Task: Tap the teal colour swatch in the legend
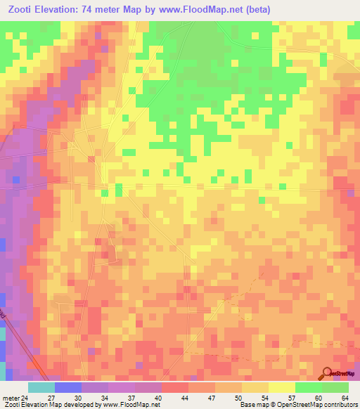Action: tap(41, 387)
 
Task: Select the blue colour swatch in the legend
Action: tap(67, 387)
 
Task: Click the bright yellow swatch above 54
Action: tap(281, 387)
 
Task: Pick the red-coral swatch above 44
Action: tap(174, 387)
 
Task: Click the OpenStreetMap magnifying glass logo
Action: tap(327, 372)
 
